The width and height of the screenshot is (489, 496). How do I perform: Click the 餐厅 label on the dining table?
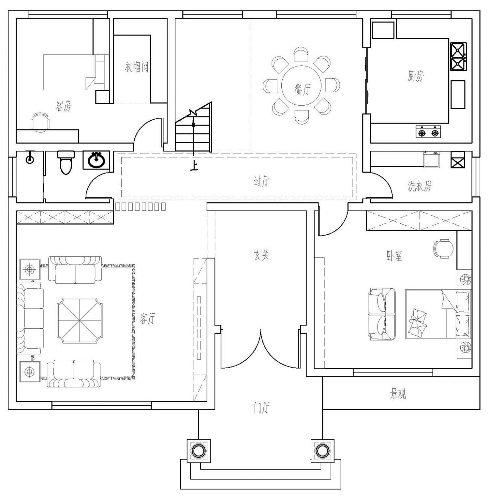[302, 89]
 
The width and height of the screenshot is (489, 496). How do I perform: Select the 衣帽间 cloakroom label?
[136, 67]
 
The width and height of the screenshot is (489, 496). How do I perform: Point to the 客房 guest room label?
[64, 106]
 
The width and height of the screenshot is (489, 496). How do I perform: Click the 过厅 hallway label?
[261, 181]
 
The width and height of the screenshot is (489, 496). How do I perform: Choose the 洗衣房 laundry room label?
[420, 186]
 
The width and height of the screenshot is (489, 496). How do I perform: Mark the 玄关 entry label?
[261, 255]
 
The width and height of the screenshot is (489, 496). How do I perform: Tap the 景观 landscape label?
[398, 394]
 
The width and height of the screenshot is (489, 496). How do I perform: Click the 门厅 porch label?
[261, 408]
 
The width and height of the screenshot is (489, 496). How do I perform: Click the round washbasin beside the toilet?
[96, 160]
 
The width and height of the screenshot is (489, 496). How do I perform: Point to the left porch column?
[198, 451]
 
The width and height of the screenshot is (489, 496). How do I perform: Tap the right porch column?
[322, 451]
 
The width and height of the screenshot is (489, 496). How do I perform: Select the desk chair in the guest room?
[40, 122]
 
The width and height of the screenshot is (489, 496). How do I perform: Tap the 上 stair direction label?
[194, 167]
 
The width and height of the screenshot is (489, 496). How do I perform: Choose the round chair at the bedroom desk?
[444, 248]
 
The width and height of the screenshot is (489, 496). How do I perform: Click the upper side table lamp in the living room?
[30, 270]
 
